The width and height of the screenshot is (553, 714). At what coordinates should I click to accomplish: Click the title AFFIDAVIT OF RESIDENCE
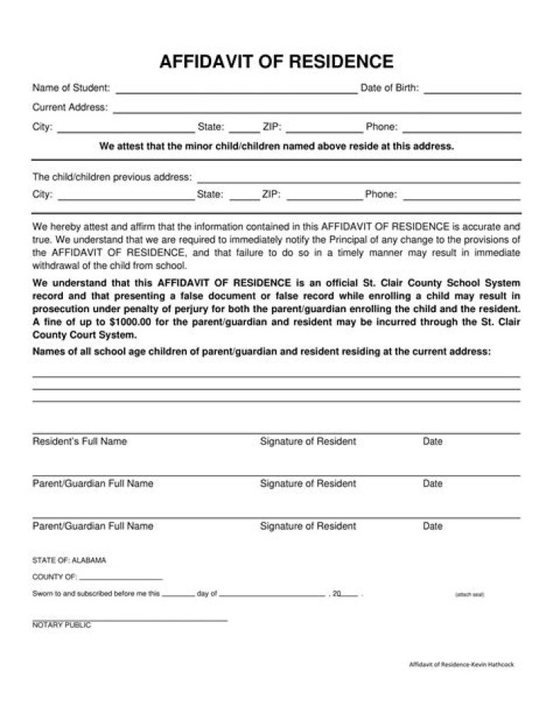coord(276,61)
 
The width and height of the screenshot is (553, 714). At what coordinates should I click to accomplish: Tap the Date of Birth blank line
coord(472,90)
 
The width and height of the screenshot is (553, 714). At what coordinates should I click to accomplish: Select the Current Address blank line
coord(316,110)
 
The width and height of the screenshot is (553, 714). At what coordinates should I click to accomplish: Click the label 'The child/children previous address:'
coord(112,176)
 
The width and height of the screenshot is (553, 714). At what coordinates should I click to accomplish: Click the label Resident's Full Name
coord(80,442)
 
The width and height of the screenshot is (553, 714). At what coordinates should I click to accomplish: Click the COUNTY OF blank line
coord(121,577)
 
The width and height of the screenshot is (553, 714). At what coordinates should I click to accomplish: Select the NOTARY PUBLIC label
coord(61,625)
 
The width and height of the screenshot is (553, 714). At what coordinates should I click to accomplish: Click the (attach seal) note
coord(469,594)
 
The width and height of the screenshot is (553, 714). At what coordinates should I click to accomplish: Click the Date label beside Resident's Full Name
coord(432,442)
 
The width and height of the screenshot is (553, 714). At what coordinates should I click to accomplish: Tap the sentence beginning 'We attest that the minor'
coord(276,146)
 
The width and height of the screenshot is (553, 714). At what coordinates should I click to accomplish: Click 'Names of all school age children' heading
coord(261,351)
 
